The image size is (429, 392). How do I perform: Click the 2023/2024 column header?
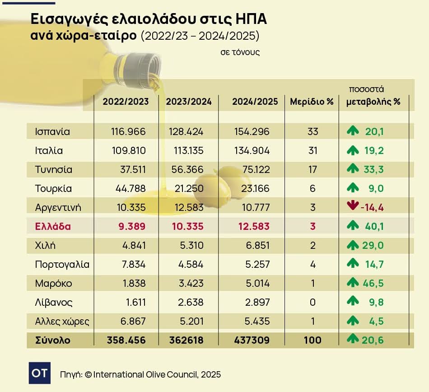(189, 102)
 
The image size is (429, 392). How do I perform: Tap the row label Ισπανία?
(52, 132)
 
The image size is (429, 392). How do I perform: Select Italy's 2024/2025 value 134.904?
(252, 151)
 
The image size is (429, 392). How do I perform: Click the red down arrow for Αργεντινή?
(352, 207)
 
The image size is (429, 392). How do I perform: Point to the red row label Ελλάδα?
(53, 226)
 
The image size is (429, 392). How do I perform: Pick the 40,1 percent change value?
(374, 226)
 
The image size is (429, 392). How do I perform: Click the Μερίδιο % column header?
(312, 102)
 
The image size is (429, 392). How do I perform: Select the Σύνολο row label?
(53, 340)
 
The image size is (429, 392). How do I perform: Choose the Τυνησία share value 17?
(312, 170)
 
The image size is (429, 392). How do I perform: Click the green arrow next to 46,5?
(353, 283)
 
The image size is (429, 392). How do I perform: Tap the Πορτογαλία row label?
(62, 264)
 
